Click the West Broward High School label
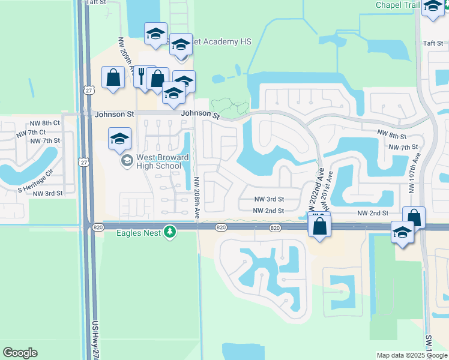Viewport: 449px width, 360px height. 163,161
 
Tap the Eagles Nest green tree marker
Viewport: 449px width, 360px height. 170,232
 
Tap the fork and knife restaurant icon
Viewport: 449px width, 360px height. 142,77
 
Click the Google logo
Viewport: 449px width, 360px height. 20,353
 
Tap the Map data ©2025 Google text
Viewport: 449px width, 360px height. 412,355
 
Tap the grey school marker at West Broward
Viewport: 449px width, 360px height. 127,161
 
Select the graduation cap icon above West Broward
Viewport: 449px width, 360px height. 120,139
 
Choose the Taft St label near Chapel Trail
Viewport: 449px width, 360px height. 432,43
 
